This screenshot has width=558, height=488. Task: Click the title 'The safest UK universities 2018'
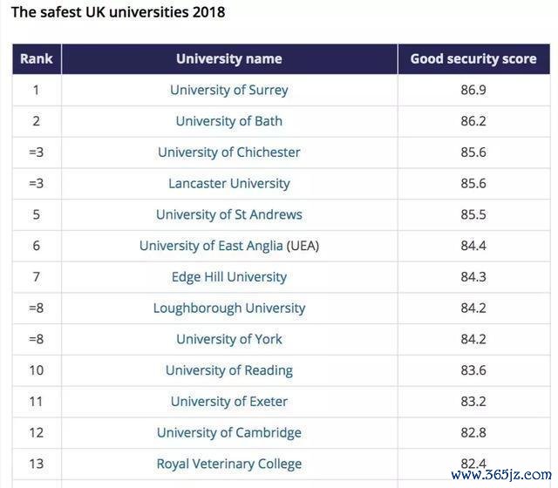point(118,12)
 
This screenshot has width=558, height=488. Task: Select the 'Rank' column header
point(37,59)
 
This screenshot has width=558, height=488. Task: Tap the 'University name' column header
point(229,59)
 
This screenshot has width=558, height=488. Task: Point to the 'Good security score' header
point(473,59)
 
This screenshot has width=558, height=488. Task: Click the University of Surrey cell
point(229,90)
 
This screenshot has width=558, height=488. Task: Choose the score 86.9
point(473,90)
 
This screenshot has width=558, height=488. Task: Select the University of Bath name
point(229,121)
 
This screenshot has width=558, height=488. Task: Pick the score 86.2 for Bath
point(473,121)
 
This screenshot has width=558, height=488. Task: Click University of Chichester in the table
point(229,152)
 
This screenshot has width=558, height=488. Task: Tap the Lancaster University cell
point(229,184)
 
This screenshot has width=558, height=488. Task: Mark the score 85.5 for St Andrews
point(473,214)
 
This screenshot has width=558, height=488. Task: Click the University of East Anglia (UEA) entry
point(229,246)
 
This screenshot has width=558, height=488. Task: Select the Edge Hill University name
point(229,277)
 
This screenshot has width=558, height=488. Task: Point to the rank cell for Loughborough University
point(37,308)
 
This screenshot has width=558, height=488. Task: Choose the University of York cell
point(229,340)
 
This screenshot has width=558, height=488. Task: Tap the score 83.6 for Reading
point(473,370)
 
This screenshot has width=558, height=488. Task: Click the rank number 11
point(37,402)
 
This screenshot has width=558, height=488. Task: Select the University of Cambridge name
point(229,433)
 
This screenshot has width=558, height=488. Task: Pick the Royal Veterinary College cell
point(229,464)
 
